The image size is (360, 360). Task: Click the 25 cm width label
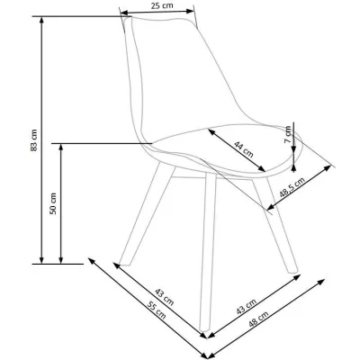[x=162, y=5]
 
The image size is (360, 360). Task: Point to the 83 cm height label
[x=34, y=139]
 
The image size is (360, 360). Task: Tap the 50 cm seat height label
[x=53, y=203]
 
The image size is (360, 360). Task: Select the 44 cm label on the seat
[x=244, y=149]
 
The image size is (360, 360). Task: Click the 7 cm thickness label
[x=288, y=134]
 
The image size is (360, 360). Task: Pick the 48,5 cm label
[x=292, y=187]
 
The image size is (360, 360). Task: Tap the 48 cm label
[x=258, y=319]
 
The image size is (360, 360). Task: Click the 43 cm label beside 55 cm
[x=165, y=297]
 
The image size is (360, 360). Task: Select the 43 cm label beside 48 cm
[x=246, y=307]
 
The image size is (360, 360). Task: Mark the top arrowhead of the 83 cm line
[x=41, y=20]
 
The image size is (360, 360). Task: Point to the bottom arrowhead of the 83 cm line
[x=41, y=260]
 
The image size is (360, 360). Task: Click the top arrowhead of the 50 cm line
[x=61, y=147]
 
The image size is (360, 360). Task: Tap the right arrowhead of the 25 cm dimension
[x=191, y=11]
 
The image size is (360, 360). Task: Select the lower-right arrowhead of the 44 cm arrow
[x=262, y=168]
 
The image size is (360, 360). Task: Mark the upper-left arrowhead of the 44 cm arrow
[x=211, y=132]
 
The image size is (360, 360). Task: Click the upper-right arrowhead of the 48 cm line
[x=321, y=282]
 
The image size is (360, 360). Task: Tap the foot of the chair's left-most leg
[x=124, y=264]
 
